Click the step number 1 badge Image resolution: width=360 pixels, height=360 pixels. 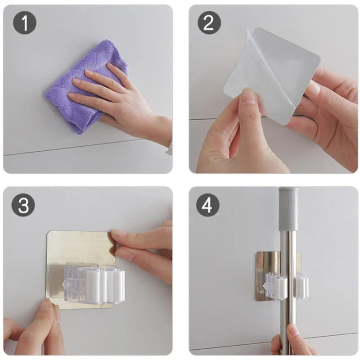(25, 23)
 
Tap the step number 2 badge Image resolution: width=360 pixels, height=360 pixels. (209, 23)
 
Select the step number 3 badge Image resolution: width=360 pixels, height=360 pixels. (23, 205)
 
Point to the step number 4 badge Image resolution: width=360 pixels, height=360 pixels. (207, 205)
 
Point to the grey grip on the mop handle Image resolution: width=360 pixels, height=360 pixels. (288, 209)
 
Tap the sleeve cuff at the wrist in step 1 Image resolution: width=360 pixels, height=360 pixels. (169, 147)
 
